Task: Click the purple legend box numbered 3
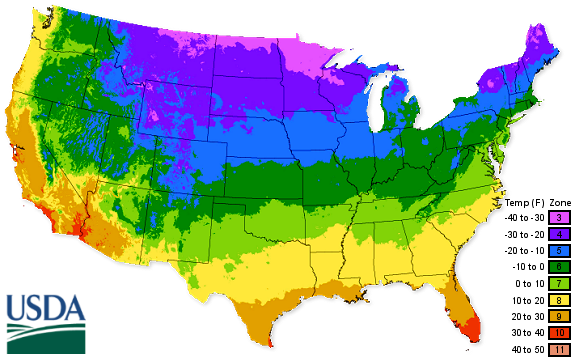pyautogui.click(x=556, y=218)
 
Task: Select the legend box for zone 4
pyautogui.click(x=556, y=234)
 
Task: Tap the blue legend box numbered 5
pyautogui.click(x=556, y=250)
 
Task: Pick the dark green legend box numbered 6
pyautogui.click(x=556, y=267)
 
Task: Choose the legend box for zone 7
pyautogui.click(x=556, y=283)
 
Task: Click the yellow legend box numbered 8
pyautogui.click(x=556, y=299)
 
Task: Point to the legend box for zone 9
pyautogui.click(x=556, y=315)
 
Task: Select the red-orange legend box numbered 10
pyautogui.click(x=556, y=331)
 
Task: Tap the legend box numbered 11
pyautogui.click(x=556, y=347)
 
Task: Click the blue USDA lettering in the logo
pyautogui.click(x=46, y=306)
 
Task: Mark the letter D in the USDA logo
pyautogui.click(x=56, y=306)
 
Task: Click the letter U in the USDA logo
pyautogui.click(x=16, y=306)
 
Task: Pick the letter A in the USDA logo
pyautogui.click(x=76, y=306)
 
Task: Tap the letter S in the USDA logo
pyautogui.click(x=35, y=306)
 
